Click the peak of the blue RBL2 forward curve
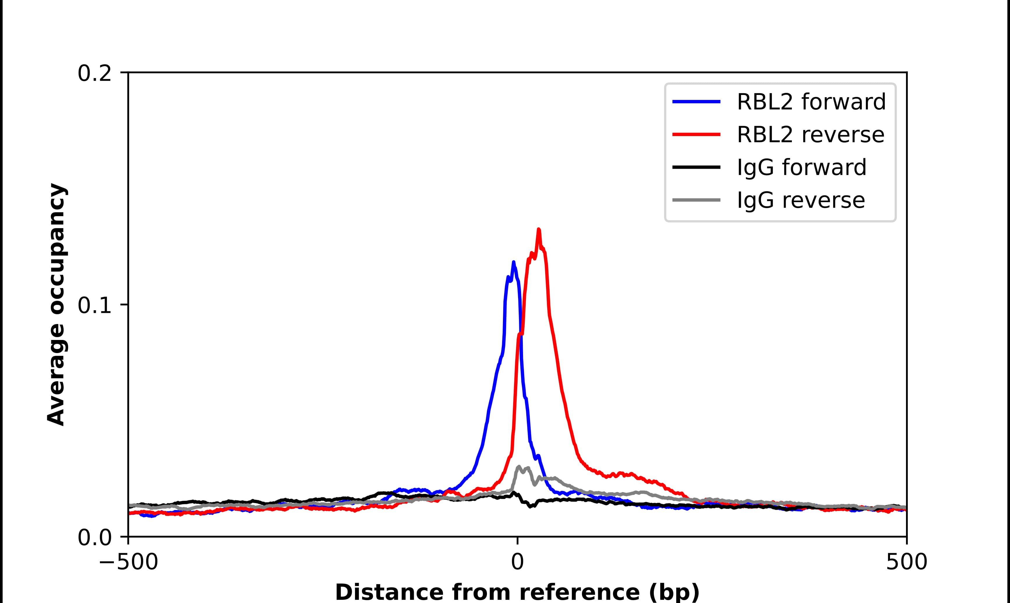[x=513, y=262]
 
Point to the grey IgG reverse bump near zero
[x=519, y=467]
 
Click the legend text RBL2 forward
[x=811, y=102]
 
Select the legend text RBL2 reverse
[x=810, y=135]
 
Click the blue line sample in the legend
[x=696, y=102]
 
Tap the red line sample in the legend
[x=696, y=135]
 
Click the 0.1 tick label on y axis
[x=94, y=306]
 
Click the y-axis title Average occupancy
[x=56, y=305]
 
